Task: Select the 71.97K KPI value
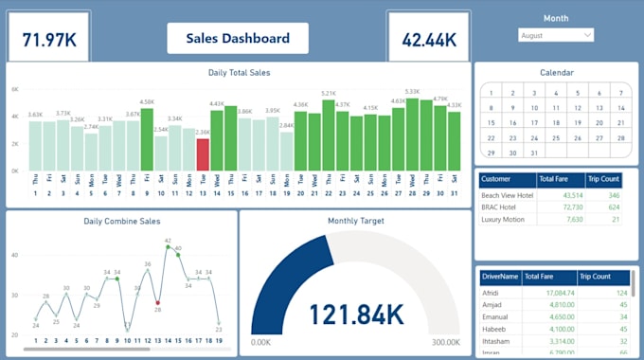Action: point(49,40)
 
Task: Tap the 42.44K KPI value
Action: point(429,40)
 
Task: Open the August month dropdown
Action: point(556,35)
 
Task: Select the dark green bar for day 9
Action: point(147,139)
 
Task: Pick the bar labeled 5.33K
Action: point(412,135)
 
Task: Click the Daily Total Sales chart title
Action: point(238,72)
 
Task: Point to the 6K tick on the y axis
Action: point(15,89)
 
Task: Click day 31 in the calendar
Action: point(534,152)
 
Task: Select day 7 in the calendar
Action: point(620,94)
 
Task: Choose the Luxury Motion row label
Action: point(504,219)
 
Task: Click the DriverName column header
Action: point(500,277)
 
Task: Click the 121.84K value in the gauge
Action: point(356,315)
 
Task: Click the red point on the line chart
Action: point(157,302)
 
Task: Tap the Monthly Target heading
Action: point(355,221)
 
